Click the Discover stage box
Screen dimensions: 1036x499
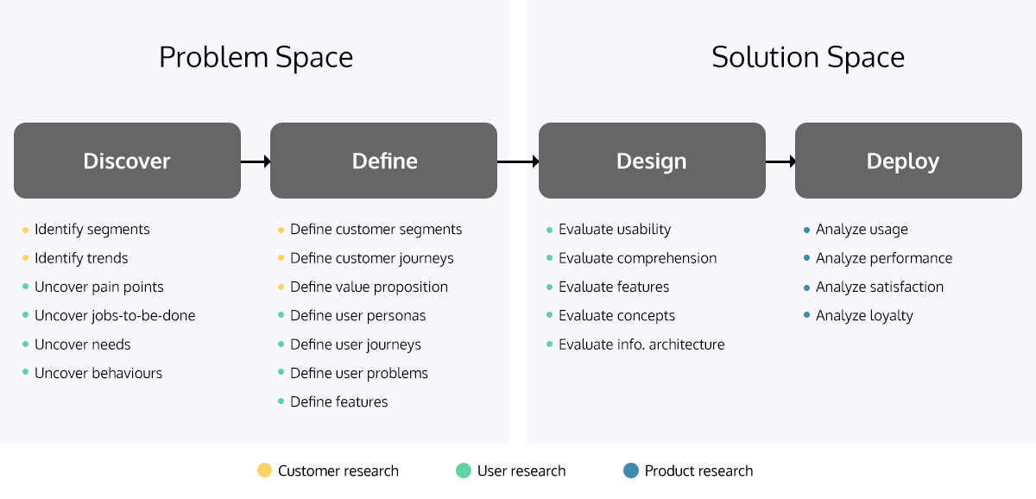point(127,161)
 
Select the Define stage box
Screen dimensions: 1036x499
point(384,161)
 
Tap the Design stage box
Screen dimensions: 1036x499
point(652,161)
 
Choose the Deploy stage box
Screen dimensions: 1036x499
point(908,161)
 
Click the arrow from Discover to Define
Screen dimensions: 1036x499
point(256,161)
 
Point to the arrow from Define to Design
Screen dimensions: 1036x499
point(518,161)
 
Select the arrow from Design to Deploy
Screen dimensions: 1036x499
point(780,161)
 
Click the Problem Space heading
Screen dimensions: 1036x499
point(256,57)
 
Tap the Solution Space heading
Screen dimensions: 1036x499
point(808,57)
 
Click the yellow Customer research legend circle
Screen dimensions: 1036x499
point(264,471)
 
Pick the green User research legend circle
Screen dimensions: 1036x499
point(464,471)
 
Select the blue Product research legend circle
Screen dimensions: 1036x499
point(631,471)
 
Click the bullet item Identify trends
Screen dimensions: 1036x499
point(81,258)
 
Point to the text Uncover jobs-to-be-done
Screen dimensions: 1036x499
point(115,316)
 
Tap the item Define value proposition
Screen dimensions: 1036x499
point(370,287)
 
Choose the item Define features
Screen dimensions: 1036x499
point(339,402)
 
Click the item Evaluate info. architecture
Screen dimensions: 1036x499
point(641,344)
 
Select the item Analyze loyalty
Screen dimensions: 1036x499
point(864,316)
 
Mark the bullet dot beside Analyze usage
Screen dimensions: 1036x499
point(806,230)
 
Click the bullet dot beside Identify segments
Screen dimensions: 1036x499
point(25,230)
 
